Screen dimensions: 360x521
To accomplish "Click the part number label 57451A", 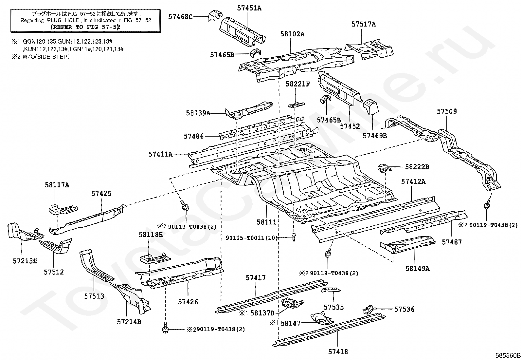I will [249, 8].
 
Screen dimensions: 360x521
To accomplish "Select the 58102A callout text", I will [292, 34].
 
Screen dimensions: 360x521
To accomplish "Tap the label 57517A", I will [364, 24].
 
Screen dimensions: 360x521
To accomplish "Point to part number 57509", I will [447, 111].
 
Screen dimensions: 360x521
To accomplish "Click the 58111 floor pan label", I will [266, 222].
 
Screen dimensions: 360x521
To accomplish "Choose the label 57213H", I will [25, 261].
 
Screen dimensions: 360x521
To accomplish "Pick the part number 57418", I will [338, 352].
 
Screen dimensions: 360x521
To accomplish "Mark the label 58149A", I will [417, 269].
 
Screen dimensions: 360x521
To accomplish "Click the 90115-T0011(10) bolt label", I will [252, 238].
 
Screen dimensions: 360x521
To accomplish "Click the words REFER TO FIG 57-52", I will [85, 27].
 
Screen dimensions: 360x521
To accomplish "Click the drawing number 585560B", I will [508, 355].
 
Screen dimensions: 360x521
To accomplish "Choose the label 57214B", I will [129, 322].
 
